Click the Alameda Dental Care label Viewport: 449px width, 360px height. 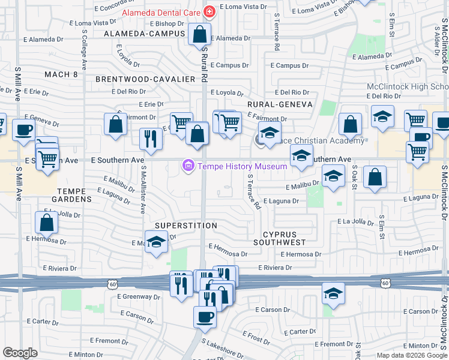tap(161, 12)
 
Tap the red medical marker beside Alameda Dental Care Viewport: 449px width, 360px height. tap(208, 11)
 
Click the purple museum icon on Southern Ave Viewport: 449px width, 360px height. tap(188, 166)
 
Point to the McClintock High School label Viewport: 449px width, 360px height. tap(407, 86)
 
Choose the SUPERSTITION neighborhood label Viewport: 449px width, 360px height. tap(185, 226)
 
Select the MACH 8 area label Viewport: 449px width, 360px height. tap(61, 74)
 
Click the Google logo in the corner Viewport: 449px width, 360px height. tap(20, 353)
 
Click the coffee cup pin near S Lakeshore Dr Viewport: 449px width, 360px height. tap(205, 316)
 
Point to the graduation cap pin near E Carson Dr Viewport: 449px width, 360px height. tap(334, 293)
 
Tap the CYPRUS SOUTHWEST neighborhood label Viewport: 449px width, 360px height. tap(279, 238)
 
